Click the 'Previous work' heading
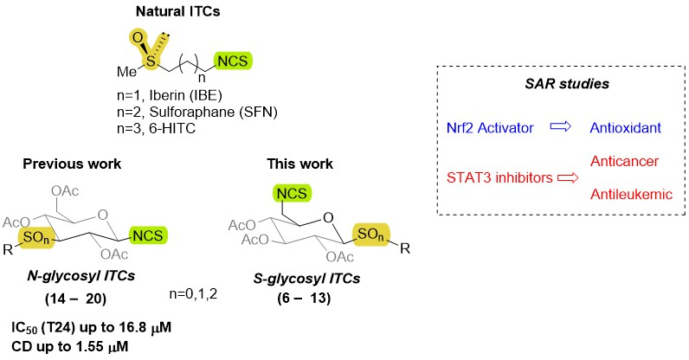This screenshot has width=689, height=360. [x=72, y=164]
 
